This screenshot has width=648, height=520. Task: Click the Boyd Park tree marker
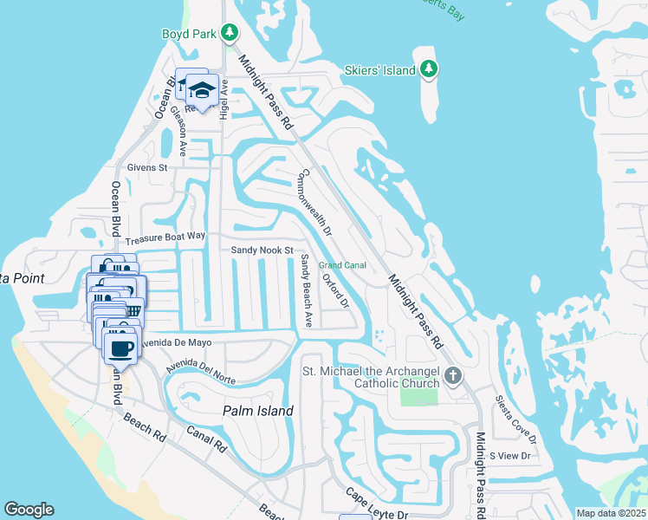pyautogui.click(x=229, y=34)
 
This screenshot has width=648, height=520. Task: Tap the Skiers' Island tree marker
pyautogui.click(x=428, y=68)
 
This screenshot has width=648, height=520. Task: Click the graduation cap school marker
pyautogui.click(x=202, y=90)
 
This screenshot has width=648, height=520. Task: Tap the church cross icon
pyautogui.click(x=453, y=376)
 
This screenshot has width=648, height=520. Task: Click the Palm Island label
pyautogui.click(x=257, y=411)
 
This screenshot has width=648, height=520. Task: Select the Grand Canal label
pyautogui.click(x=342, y=265)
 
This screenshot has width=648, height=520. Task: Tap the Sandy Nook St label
pyautogui.click(x=262, y=250)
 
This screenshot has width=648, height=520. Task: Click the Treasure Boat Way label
pyautogui.click(x=165, y=236)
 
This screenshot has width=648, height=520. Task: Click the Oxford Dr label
pyautogui.click(x=335, y=291)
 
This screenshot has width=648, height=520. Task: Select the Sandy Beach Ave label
pyautogui.click(x=306, y=290)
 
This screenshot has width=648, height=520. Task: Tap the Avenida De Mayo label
pyautogui.click(x=178, y=343)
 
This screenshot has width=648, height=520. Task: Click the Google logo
pyautogui.click(x=29, y=510)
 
